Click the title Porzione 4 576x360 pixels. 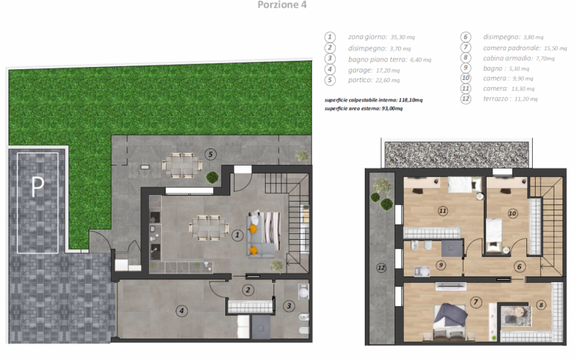coord(282,5)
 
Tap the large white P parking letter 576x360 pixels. coord(37,186)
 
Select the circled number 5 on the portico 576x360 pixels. coord(210,154)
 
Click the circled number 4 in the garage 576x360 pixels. coord(181,311)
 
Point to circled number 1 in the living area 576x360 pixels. coord(238,235)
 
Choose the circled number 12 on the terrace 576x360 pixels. coord(382,268)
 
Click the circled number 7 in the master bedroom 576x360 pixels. coord(476,302)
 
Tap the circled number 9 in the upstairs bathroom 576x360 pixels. coord(441,265)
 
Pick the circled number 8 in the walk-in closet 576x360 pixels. coord(541,305)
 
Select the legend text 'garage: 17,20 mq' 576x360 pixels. coord(374,70)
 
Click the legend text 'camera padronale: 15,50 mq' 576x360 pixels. coord(525,48)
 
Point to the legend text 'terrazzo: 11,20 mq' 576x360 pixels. coord(510,99)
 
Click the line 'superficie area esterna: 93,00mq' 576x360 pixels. coord(364,109)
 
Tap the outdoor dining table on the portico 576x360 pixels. coord(182,166)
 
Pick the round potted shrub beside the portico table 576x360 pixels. coord(212,177)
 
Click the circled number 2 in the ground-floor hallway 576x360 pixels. coord(248,290)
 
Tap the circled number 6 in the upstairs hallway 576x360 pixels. coord(519,266)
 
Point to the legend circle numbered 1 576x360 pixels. coord(330,37)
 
